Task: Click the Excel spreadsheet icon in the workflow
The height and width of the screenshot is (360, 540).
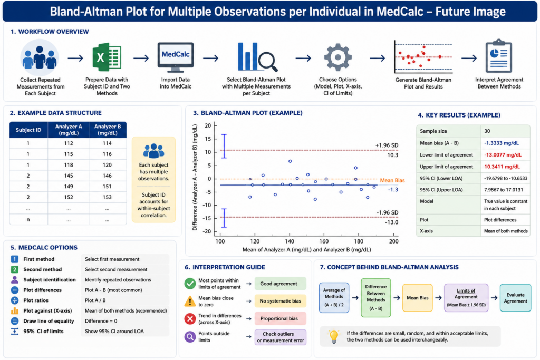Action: click(107, 57)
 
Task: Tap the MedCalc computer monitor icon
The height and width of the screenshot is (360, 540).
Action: click(176, 57)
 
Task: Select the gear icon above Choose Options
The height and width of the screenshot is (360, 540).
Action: click(338, 57)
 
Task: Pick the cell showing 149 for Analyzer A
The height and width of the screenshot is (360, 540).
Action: click(69, 187)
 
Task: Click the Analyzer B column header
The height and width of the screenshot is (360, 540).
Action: click(108, 130)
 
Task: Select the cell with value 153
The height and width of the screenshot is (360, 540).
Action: click(107, 197)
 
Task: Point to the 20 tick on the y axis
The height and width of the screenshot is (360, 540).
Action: click(208, 125)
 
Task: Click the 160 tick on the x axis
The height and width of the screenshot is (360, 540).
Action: click(324, 241)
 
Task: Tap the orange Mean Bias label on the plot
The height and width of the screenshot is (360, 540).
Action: click(392, 180)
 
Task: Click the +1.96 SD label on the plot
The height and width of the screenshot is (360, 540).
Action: click(387, 145)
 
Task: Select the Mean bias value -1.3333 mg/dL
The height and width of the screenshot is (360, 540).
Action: click(502, 143)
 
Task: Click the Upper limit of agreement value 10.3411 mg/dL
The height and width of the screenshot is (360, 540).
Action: click(502, 167)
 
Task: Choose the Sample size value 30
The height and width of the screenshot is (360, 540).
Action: click(487, 131)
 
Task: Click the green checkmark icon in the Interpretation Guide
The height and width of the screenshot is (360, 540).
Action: click(190, 283)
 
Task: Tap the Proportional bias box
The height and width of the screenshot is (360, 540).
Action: click(281, 319)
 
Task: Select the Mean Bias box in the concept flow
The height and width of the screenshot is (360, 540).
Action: click(418, 298)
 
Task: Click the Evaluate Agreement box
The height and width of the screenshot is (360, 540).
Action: click(515, 298)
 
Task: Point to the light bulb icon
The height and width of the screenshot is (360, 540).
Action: click(334, 336)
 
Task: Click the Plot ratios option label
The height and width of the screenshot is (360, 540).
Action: click(36, 300)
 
